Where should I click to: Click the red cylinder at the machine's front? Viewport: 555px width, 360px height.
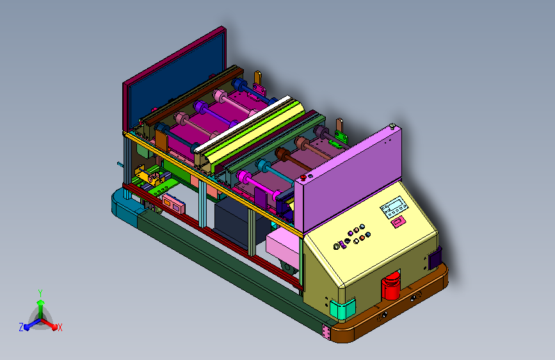(x=390, y=286)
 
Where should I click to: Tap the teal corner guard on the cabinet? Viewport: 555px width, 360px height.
(x=342, y=308)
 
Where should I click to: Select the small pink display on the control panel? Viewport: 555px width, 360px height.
(x=398, y=222)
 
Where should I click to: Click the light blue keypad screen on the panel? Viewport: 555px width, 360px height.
(x=394, y=207)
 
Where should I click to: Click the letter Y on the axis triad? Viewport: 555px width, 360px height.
(x=40, y=293)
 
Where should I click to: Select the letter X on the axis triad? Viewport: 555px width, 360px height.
(x=60, y=327)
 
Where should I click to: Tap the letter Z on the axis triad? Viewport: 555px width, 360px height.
(x=21, y=327)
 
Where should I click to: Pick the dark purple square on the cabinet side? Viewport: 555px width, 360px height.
(x=435, y=258)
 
